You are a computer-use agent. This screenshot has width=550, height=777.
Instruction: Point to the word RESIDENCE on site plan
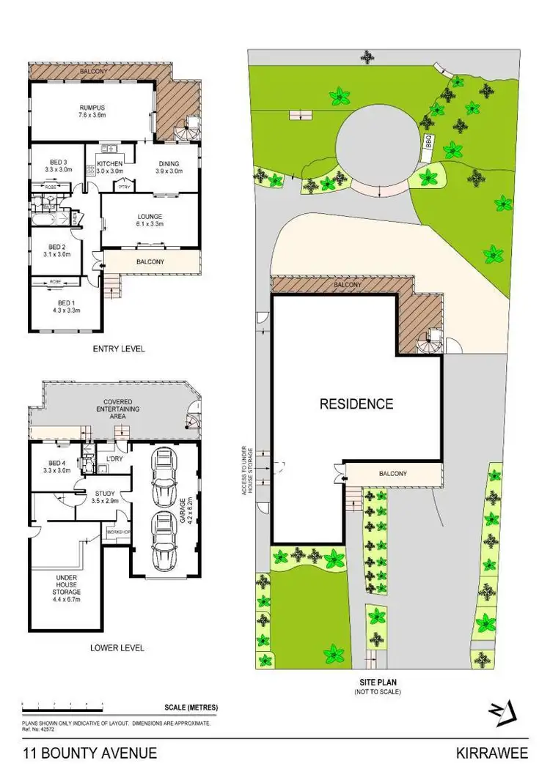[356, 404]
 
